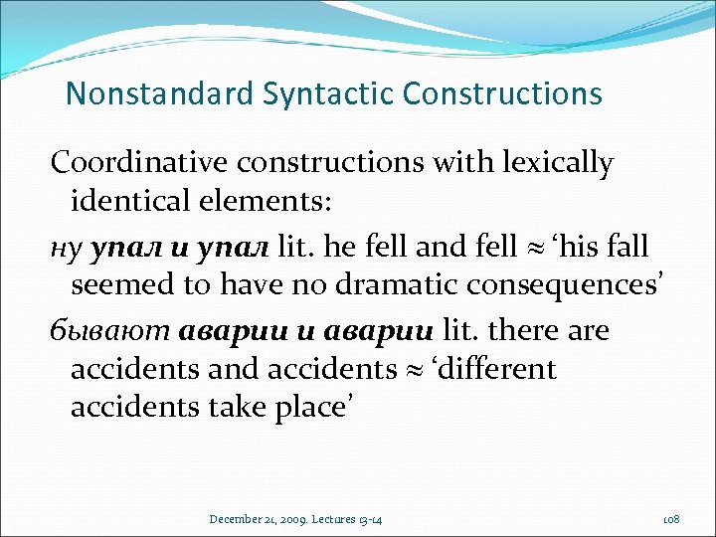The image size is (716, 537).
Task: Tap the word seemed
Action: coord(117,286)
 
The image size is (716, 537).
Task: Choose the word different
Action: coord(499,370)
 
